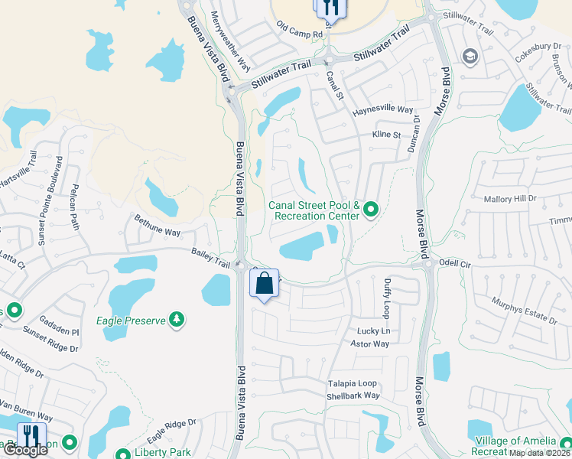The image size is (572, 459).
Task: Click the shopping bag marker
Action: click(x=264, y=284)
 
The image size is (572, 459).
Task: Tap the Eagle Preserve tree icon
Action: click(x=177, y=319)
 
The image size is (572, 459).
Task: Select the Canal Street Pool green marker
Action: click(x=371, y=208)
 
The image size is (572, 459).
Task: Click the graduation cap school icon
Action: click(x=470, y=57)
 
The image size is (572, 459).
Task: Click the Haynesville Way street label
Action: click(x=382, y=110)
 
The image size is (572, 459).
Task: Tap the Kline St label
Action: click(x=386, y=135)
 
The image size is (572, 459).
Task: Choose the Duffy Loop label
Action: click(x=387, y=298)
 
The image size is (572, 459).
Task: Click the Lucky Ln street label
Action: click(x=374, y=331)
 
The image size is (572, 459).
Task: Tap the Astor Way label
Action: click(x=370, y=344)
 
